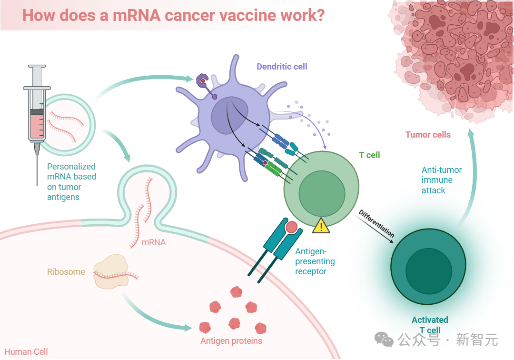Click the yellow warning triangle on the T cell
321,226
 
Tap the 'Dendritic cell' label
282,67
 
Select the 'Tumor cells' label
428,134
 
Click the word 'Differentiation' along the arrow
376,223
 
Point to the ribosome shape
111,271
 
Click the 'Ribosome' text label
66,272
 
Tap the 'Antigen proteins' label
231,341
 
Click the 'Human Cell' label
26,352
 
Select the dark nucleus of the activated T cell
429,271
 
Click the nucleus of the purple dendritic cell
229,115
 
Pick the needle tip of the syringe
37,185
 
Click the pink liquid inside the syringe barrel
37,126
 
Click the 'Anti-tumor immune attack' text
442,180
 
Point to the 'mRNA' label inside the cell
153,242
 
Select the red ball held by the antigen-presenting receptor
291,227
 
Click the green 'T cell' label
369,155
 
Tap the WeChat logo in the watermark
384,339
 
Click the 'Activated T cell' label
430,325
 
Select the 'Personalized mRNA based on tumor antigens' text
71,181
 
